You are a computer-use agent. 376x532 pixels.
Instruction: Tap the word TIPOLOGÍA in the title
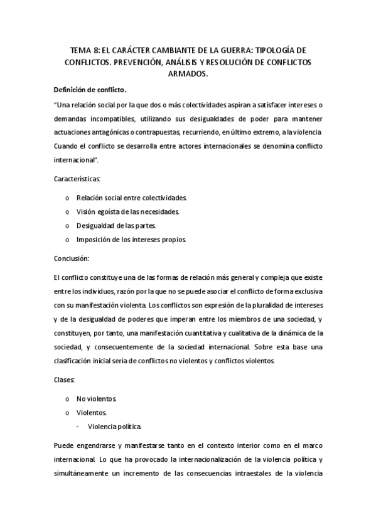(x=275, y=50)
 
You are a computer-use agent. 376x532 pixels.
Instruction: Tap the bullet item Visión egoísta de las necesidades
(x=127, y=211)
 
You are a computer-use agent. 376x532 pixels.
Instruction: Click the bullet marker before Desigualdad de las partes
(x=67, y=226)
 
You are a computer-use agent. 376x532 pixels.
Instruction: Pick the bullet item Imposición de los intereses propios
(x=131, y=240)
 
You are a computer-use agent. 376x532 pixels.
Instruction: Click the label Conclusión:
(x=72, y=258)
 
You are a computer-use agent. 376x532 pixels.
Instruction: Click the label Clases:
(x=66, y=380)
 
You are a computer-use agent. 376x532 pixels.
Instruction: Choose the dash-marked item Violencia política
(x=115, y=427)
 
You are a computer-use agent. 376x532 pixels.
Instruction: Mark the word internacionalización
(x=207, y=460)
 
